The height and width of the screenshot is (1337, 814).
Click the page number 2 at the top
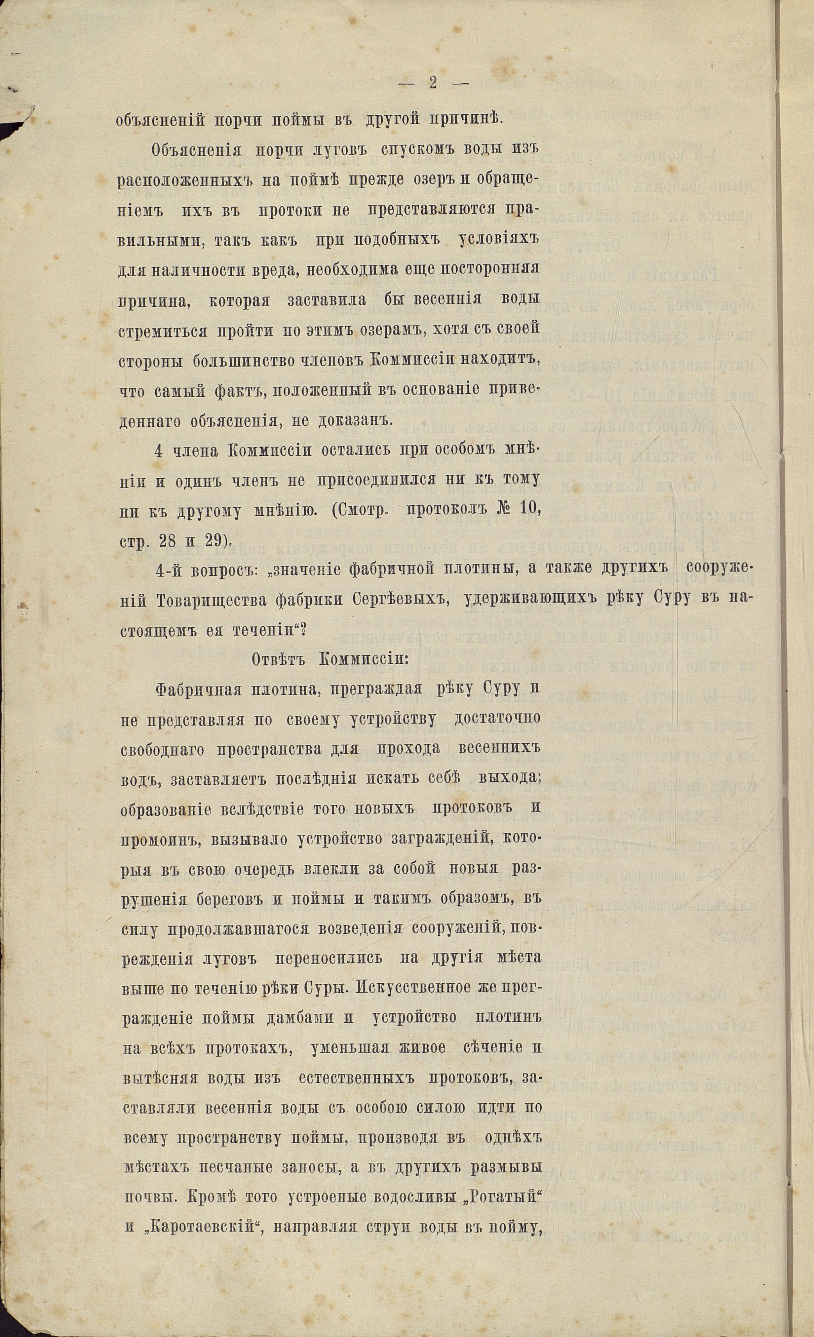tap(433, 83)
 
